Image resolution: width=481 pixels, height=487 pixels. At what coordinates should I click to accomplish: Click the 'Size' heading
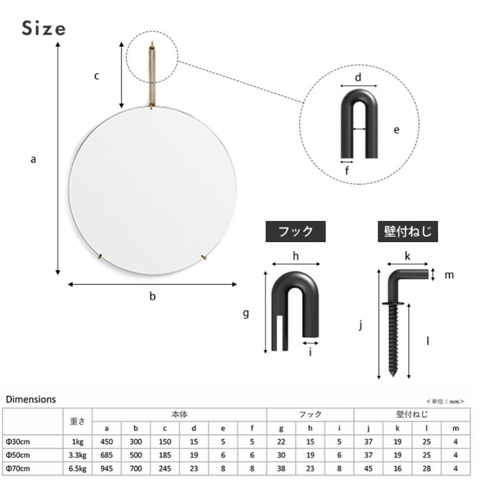pyautogui.click(x=43, y=29)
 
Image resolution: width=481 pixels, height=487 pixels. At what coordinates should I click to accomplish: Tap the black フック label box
pyautogui.click(x=295, y=231)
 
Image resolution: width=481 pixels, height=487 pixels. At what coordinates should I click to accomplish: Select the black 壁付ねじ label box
pyautogui.click(x=407, y=231)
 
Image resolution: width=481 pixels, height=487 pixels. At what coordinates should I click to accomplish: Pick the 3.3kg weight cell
pyautogui.click(x=77, y=455)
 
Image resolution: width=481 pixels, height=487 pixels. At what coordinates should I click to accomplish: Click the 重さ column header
pyautogui.click(x=77, y=422)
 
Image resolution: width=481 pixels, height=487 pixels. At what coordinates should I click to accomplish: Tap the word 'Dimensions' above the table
pyautogui.click(x=31, y=399)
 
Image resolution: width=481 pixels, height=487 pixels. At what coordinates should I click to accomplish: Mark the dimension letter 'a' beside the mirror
pyautogui.click(x=33, y=159)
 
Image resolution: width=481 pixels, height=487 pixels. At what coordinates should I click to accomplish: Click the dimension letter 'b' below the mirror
pyautogui.click(x=153, y=297)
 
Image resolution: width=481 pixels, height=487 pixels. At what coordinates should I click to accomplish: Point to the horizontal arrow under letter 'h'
pyautogui.click(x=296, y=264)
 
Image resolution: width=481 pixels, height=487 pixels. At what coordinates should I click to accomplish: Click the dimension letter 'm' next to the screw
pyautogui.click(x=449, y=275)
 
